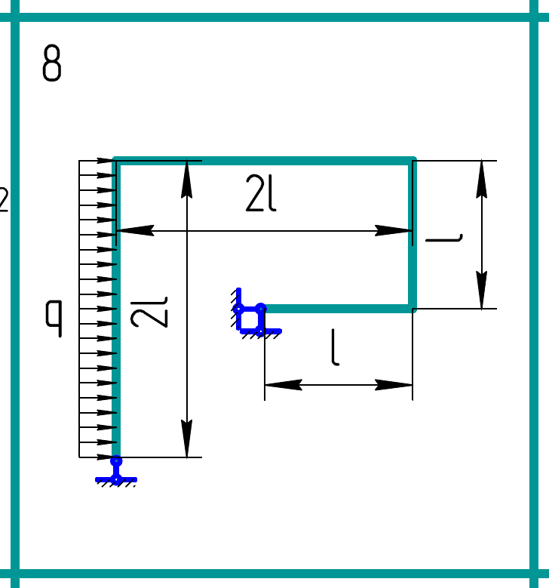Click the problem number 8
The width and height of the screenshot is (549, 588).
tap(52, 63)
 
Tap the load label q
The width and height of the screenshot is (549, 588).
tap(54, 319)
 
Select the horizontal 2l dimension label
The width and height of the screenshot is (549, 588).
tap(261, 193)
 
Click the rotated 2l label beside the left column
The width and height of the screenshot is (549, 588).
tap(149, 312)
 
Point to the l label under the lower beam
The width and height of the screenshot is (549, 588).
tap(336, 347)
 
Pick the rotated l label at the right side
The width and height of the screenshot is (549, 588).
tap(444, 239)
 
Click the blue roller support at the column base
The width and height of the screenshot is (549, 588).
tap(116, 471)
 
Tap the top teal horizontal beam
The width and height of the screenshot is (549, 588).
tap(264, 161)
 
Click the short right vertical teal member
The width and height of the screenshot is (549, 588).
tap(413, 235)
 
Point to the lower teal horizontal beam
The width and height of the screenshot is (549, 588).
tap(337, 309)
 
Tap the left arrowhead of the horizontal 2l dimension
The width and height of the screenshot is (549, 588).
tap(135, 231)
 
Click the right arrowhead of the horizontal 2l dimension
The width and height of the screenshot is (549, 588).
tap(394, 231)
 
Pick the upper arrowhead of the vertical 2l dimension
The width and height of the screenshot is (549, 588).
tap(186, 179)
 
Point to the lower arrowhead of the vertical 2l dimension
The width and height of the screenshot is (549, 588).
tap(186, 439)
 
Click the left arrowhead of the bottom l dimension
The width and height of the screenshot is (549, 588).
tap(284, 385)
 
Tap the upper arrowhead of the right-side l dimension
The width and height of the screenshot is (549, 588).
tap(482, 179)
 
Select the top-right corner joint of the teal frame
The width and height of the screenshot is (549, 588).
tap(413, 161)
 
